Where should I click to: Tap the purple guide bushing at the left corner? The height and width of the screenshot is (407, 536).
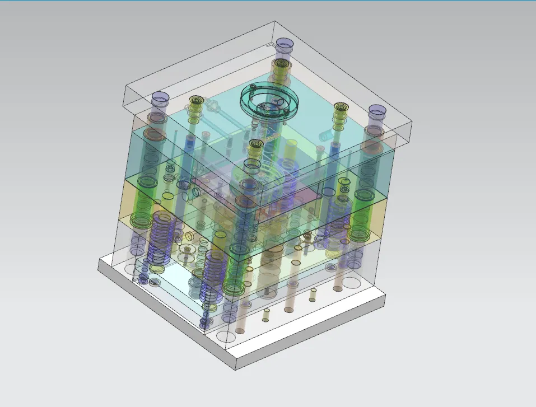pos(160,100)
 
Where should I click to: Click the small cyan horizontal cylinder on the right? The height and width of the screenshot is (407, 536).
pos(325,136)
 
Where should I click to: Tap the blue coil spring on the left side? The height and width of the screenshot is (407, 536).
pos(160,240)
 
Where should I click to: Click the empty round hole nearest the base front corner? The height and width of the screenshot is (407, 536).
pos(227,336)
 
